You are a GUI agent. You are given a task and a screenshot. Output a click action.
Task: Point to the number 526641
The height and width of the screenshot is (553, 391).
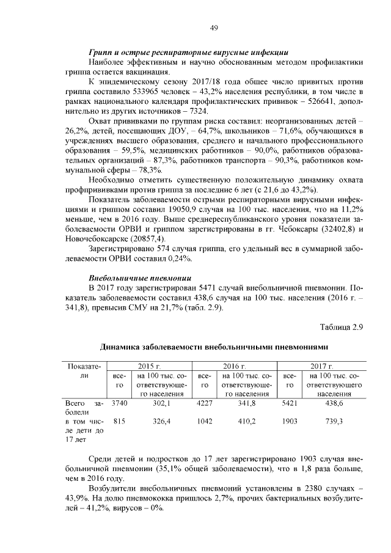coord(324,101)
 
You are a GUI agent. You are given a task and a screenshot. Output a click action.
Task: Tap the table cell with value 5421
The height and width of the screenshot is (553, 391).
coord(291,403)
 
